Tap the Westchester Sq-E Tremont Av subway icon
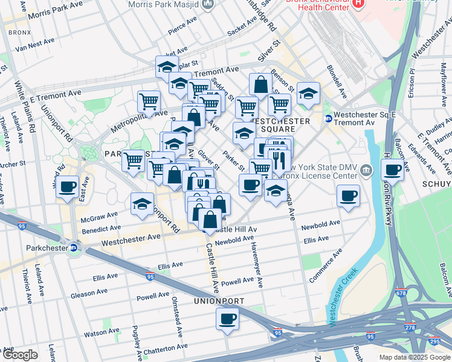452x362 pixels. point(328,119)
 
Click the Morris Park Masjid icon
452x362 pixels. point(208,5)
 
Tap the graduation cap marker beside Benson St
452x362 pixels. point(308,94)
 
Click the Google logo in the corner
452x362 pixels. point(20,355)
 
